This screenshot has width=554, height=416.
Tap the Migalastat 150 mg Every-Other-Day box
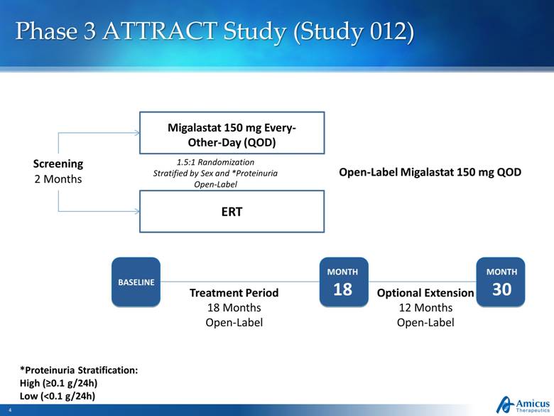(232, 133)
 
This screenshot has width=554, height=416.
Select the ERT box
(232, 211)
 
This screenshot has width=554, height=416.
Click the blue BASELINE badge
(136, 282)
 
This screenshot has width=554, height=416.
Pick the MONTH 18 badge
(342, 282)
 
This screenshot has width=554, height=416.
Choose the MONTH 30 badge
(501, 282)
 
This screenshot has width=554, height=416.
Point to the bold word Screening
(58, 164)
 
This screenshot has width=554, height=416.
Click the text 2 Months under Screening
(58, 178)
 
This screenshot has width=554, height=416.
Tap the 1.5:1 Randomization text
(215, 162)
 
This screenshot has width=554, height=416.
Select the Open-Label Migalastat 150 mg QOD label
(430, 172)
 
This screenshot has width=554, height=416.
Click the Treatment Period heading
(234, 293)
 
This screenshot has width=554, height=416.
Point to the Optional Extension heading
(425, 293)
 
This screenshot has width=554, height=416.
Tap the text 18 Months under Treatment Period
(234, 308)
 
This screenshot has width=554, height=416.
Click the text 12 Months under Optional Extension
(425, 308)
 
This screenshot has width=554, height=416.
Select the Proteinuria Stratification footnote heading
(78, 370)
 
